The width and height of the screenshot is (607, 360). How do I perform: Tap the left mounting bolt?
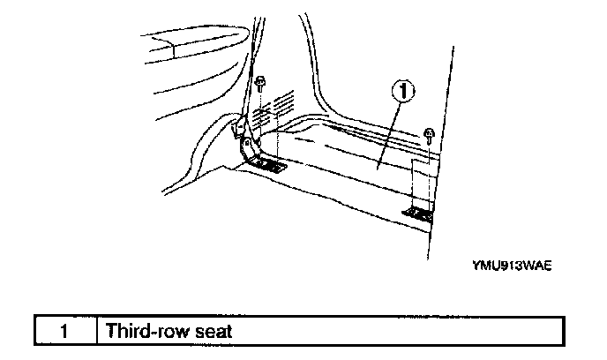pyautogui.click(x=262, y=86)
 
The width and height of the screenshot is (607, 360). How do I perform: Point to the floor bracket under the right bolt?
pyautogui.click(x=420, y=212)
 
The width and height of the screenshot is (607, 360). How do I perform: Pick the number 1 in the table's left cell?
pyautogui.click(x=65, y=332)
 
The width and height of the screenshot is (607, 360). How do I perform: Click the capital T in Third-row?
pyautogui.click(x=110, y=332)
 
